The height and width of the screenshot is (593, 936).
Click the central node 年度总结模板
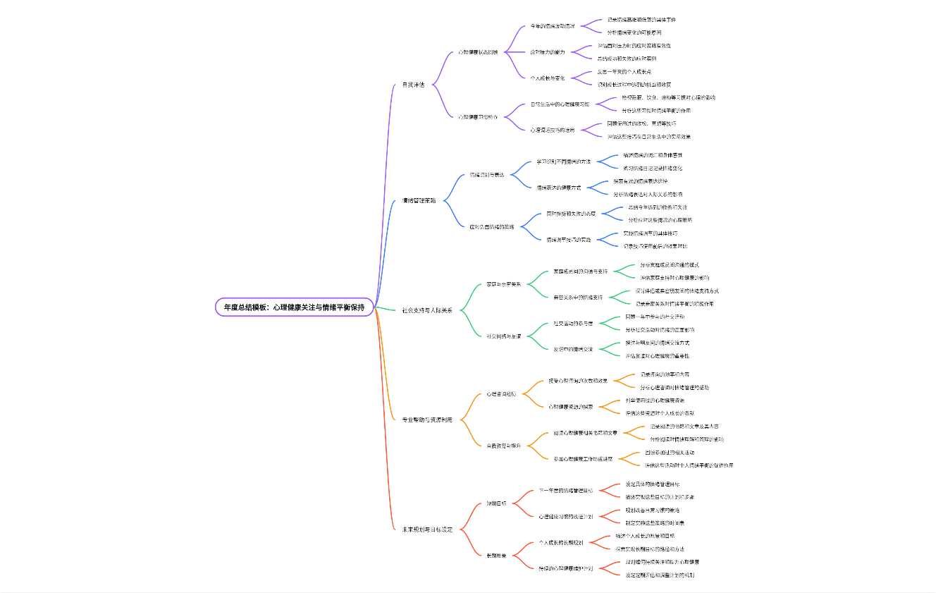pos(294,307)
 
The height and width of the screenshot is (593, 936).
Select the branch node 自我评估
pos(413,85)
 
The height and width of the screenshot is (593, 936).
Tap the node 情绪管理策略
pos(419,200)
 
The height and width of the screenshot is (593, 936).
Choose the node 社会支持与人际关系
pos(427,310)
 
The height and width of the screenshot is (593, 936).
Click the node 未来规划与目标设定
pos(427,530)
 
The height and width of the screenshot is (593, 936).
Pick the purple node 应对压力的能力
pos(548,52)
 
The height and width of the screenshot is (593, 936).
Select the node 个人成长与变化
pos(548,78)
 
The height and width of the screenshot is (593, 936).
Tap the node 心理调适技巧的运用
pos(553,130)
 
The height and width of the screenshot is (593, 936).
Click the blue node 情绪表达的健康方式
pos(558,188)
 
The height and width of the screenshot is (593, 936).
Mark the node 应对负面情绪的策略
pos(492,227)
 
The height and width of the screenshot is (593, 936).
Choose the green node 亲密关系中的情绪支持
pos(578,298)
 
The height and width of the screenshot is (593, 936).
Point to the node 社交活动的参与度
pos(573,324)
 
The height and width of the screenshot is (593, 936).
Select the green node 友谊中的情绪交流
pos(573,349)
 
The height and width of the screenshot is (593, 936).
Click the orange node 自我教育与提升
pos(503,446)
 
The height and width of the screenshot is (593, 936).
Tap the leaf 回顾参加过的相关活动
pos(669,453)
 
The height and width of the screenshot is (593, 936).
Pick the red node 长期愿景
pos(496,556)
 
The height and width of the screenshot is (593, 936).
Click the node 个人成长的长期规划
pos(561,543)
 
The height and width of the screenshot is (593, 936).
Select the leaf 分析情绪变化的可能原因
pos(634,32)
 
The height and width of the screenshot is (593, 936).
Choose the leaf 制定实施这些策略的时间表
pos(655,523)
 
